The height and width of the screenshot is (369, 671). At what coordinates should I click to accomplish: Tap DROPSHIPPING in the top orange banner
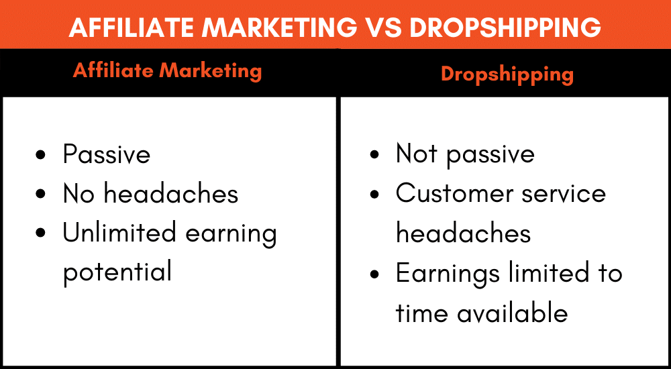point(505,27)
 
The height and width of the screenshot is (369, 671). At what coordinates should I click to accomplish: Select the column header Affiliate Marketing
point(167,70)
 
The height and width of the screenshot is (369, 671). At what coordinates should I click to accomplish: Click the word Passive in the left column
point(107,154)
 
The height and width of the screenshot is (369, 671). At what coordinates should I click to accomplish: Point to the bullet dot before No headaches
point(41,194)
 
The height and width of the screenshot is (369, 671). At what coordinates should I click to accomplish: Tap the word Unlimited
point(119,233)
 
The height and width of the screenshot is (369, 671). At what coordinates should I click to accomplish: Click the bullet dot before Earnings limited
point(374,274)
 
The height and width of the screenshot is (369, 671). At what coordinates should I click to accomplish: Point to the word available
point(512,313)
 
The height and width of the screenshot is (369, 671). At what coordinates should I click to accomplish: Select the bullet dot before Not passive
point(374,154)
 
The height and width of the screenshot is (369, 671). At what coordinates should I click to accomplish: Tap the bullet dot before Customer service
point(374,194)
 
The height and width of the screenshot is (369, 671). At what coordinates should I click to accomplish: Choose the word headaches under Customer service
point(463,233)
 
